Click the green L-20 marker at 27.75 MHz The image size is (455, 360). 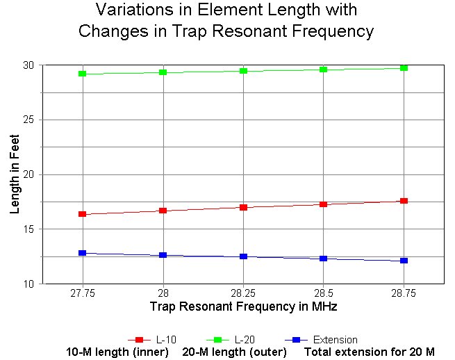pyautogui.click(x=83, y=73)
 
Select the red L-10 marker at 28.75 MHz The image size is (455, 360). pyautogui.click(x=404, y=201)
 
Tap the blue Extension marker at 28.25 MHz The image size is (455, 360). pyautogui.click(x=243, y=256)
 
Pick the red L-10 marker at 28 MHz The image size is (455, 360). pyautogui.click(x=163, y=210)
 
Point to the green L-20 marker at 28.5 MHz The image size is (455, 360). pyautogui.click(x=324, y=69)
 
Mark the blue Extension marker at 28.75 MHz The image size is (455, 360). pyautogui.click(x=404, y=261)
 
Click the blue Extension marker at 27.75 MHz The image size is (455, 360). pyautogui.click(x=83, y=253)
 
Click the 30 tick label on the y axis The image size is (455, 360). pyautogui.click(x=28, y=65)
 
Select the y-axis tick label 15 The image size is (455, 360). pyautogui.click(x=28, y=229)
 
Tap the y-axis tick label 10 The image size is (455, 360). pyautogui.click(x=28, y=284)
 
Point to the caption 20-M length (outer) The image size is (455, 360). pyautogui.click(x=236, y=352)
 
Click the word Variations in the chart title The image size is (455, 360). pyautogui.click(x=133, y=10)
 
